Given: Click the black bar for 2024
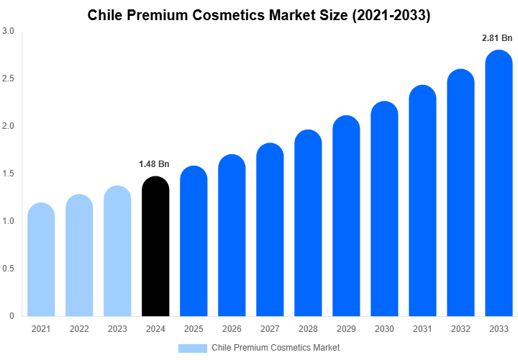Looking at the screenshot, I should click(155, 248).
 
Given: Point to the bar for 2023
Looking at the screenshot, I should click(117, 252).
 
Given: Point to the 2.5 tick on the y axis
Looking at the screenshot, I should click(9, 78).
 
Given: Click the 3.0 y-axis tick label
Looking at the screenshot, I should click(9, 31).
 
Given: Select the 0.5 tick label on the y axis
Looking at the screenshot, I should click(9, 269).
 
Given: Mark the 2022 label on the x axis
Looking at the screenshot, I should click(79, 329).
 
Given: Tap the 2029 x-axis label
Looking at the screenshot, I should click(346, 329).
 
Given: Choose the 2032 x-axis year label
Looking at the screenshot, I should click(460, 329).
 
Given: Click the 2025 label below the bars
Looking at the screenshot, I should click(194, 329).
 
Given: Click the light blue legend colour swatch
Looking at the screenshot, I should click(192, 348).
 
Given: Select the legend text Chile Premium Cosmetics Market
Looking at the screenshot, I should click(276, 348).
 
